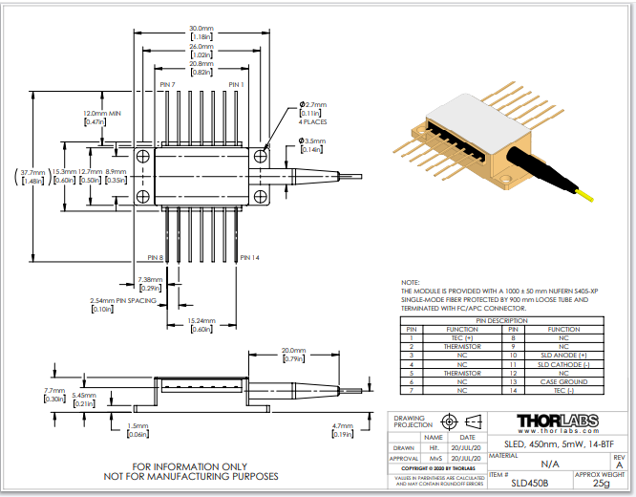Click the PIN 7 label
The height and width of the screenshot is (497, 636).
coord(167,85)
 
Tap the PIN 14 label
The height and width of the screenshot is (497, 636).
coord(249,257)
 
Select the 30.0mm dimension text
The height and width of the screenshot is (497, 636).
coord(201,30)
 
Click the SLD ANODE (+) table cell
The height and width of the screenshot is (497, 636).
coord(562,355)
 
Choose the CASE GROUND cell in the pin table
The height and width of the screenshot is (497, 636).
coord(562,381)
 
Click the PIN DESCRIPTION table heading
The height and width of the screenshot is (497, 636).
coord(507,320)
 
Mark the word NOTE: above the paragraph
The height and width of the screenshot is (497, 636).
coord(410,283)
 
